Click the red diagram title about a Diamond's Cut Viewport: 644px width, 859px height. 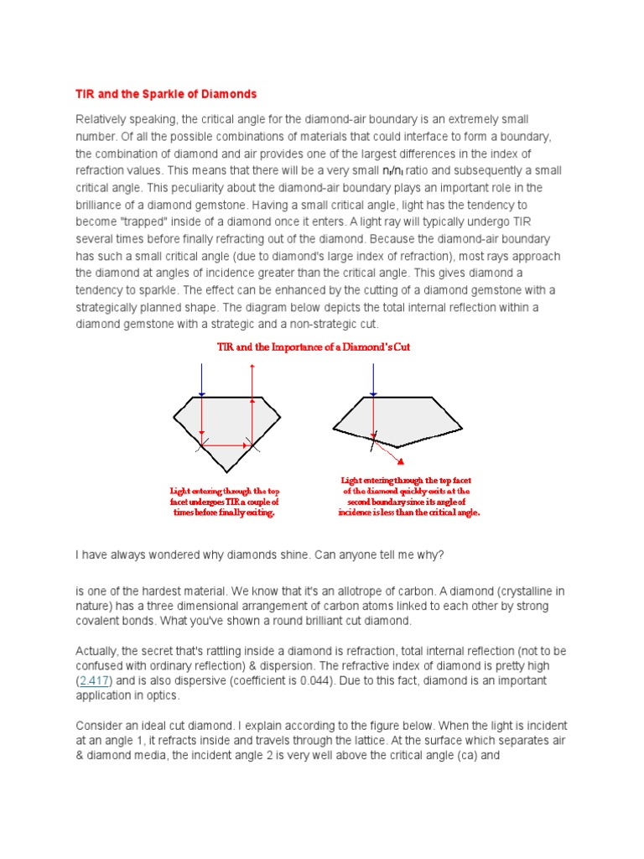tap(314, 346)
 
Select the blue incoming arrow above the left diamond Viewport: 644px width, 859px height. tap(202, 379)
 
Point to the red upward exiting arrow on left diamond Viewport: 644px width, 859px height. tap(252, 386)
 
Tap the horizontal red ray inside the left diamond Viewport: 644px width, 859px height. tap(227, 445)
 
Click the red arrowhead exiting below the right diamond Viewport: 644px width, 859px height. tap(402, 461)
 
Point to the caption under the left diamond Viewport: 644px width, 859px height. tap(224, 501)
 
